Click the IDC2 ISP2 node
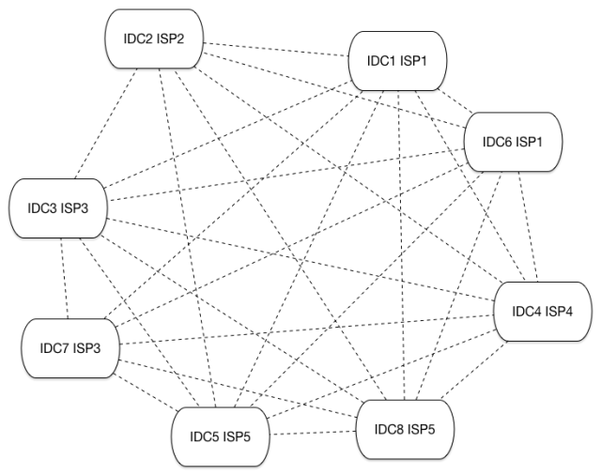pos(152,38)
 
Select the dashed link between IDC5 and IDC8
pos(309,433)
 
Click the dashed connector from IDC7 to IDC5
pos(141,392)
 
